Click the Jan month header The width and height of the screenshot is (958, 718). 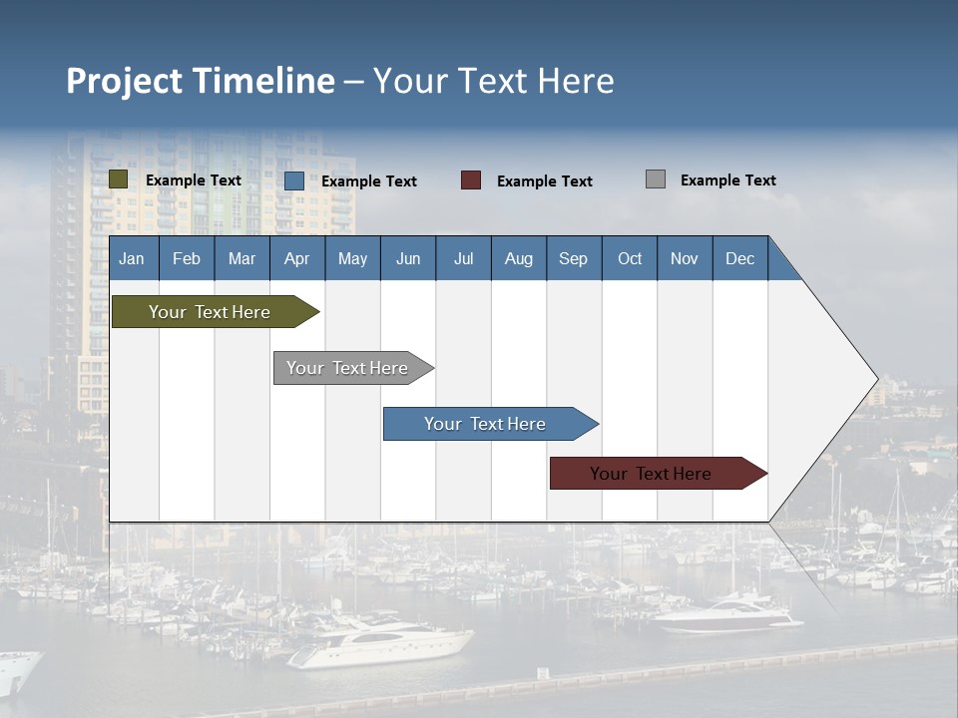[132, 258]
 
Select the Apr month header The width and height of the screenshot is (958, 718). [297, 258]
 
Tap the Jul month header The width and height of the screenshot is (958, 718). [463, 258]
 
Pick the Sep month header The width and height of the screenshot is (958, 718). [574, 258]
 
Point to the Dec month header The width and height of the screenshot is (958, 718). [739, 258]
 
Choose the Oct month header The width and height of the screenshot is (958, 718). [630, 258]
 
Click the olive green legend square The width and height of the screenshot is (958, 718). [119, 179]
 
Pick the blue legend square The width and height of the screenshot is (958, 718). [294, 180]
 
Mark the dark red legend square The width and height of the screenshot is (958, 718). [471, 180]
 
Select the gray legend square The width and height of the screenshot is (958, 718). [656, 179]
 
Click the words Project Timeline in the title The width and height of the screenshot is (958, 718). [201, 81]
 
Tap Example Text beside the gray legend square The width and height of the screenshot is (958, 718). [727, 180]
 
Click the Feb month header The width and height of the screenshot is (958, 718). [187, 258]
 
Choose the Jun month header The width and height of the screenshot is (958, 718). [408, 258]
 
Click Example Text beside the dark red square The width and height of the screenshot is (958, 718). [544, 181]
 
